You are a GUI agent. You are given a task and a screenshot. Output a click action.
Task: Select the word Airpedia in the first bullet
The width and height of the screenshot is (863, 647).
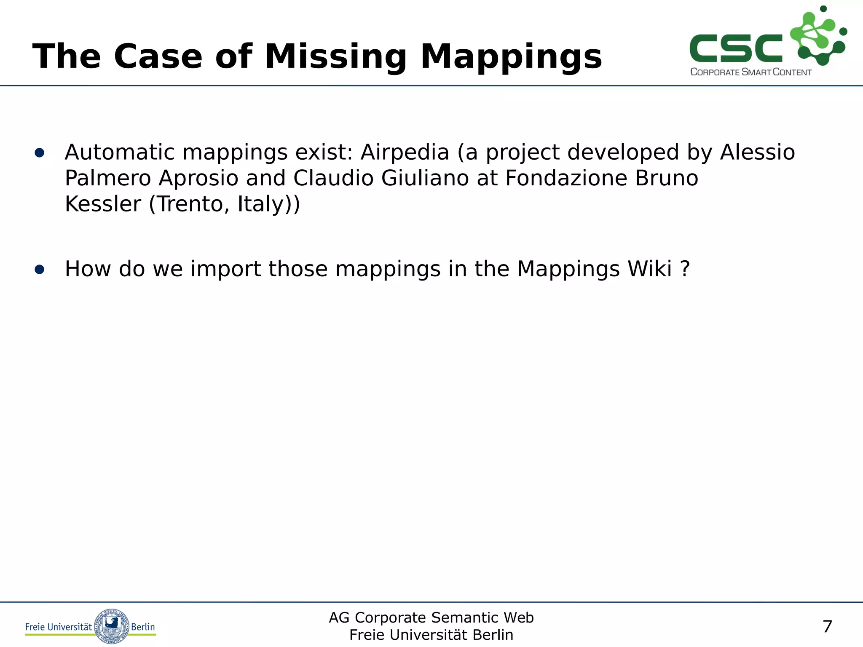click(405, 152)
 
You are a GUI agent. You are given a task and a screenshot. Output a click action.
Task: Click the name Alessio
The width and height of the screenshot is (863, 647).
click(757, 152)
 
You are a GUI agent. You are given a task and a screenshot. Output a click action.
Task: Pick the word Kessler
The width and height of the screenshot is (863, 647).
click(103, 204)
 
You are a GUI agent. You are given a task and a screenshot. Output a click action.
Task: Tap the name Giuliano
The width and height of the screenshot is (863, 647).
click(425, 178)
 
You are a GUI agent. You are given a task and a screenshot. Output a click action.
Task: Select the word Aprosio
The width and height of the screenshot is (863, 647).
click(198, 178)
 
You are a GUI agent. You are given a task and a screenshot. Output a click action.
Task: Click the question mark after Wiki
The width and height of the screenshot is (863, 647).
click(685, 269)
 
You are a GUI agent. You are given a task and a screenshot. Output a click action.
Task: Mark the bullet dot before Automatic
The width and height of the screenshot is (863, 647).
click(40, 153)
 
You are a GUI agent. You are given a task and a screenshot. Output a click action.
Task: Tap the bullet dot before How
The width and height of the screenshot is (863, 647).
click(40, 270)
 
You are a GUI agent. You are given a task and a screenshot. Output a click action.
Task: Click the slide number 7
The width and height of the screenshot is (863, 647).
click(827, 626)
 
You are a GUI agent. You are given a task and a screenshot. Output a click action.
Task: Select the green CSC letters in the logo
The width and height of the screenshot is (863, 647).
click(735, 48)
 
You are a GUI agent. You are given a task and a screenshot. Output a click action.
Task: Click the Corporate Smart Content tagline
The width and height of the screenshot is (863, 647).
click(750, 72)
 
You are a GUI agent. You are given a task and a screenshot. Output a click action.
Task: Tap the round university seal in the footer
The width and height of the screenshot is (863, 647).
click(111, 626)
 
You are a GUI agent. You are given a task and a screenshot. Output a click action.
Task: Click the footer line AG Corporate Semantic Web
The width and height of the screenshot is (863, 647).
click(431, 618)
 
